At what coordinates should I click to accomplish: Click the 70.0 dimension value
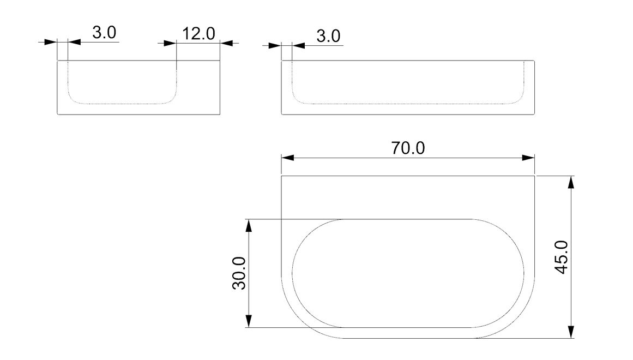pyautogui.click(x=407, y=148)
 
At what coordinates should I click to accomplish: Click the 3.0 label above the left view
pyautogui.click(x=104, y=33)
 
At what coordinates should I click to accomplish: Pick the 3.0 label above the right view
pyautogui.click(x=328, y=37)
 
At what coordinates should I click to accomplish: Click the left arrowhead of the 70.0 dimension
pyautogui.click(x=287, y=158)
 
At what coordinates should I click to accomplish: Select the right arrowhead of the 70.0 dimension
pyautogui.click(x=528, y=158)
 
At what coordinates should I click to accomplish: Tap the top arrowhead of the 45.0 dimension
pyautogui.click(x=571, y=182)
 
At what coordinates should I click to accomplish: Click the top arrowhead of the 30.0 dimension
pyautogui.click(x=248, y=226)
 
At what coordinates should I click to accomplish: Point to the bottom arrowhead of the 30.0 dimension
pyautogui.click(x=248, y=321)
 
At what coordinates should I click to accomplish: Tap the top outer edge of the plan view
pyautogui.click(x=407, y=176)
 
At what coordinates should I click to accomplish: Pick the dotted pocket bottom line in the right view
pyautogui.click(x=407, y=103)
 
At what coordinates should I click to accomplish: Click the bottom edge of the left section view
pyautogui.click(x=138, y=115)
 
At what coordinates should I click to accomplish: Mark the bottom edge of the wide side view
pyautogui.click(x=407, y=115)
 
